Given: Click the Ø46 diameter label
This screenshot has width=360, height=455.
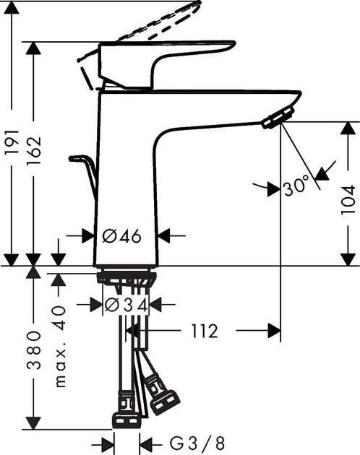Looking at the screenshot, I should tap(121, 235).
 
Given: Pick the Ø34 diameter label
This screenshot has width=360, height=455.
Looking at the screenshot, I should tap(127, 305).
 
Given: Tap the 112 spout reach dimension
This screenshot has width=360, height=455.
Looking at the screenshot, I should tap(205, 331).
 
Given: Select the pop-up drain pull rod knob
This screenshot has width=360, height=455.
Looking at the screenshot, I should tap(76, 157).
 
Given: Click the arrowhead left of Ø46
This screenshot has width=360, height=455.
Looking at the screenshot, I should tap(88, 235).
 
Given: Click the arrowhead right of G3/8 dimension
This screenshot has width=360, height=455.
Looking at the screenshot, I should tap(145, 441).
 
